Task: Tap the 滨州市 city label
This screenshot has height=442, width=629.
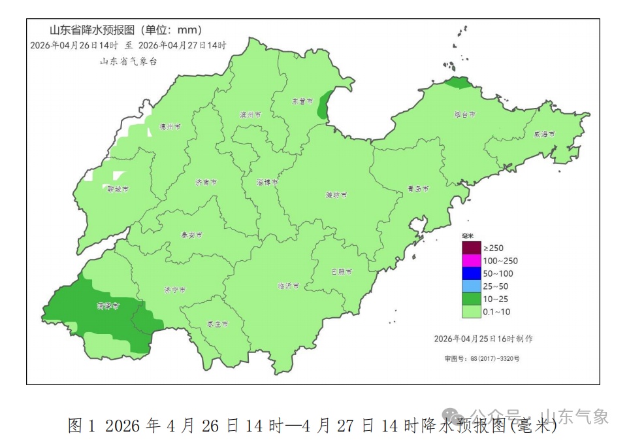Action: [x=250, y=114]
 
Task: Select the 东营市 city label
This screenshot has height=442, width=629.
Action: [x=302, y=101]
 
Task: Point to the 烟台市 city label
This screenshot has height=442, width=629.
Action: [x=465, y=114]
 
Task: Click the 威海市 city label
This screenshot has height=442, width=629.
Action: [x=544, y=133]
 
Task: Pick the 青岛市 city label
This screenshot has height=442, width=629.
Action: [x=418, y=188]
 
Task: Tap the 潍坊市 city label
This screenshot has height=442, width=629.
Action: [x=336, y=195]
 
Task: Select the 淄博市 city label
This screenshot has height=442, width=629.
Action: [x=267, y=182]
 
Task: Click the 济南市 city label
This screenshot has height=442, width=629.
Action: [x=206, y=182]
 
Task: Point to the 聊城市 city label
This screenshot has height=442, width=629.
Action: [x=118, y=188]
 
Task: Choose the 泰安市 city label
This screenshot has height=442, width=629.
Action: [x=191, y=235]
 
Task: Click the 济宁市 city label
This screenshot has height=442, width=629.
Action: [x=175, y=289]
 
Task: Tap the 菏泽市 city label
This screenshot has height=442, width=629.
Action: [x=108, y=305]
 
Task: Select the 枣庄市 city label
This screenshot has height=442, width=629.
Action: [x=218, y=324]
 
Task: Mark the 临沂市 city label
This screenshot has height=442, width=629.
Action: [x=288, y=286]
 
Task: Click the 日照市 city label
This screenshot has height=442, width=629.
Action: [x=342, y=271]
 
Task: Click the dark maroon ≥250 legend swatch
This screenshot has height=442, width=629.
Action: [x=471, y=248]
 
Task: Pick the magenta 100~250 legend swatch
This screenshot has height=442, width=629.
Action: [x=471, y=260]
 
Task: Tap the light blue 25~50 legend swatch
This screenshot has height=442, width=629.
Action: [x=471, y=286]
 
